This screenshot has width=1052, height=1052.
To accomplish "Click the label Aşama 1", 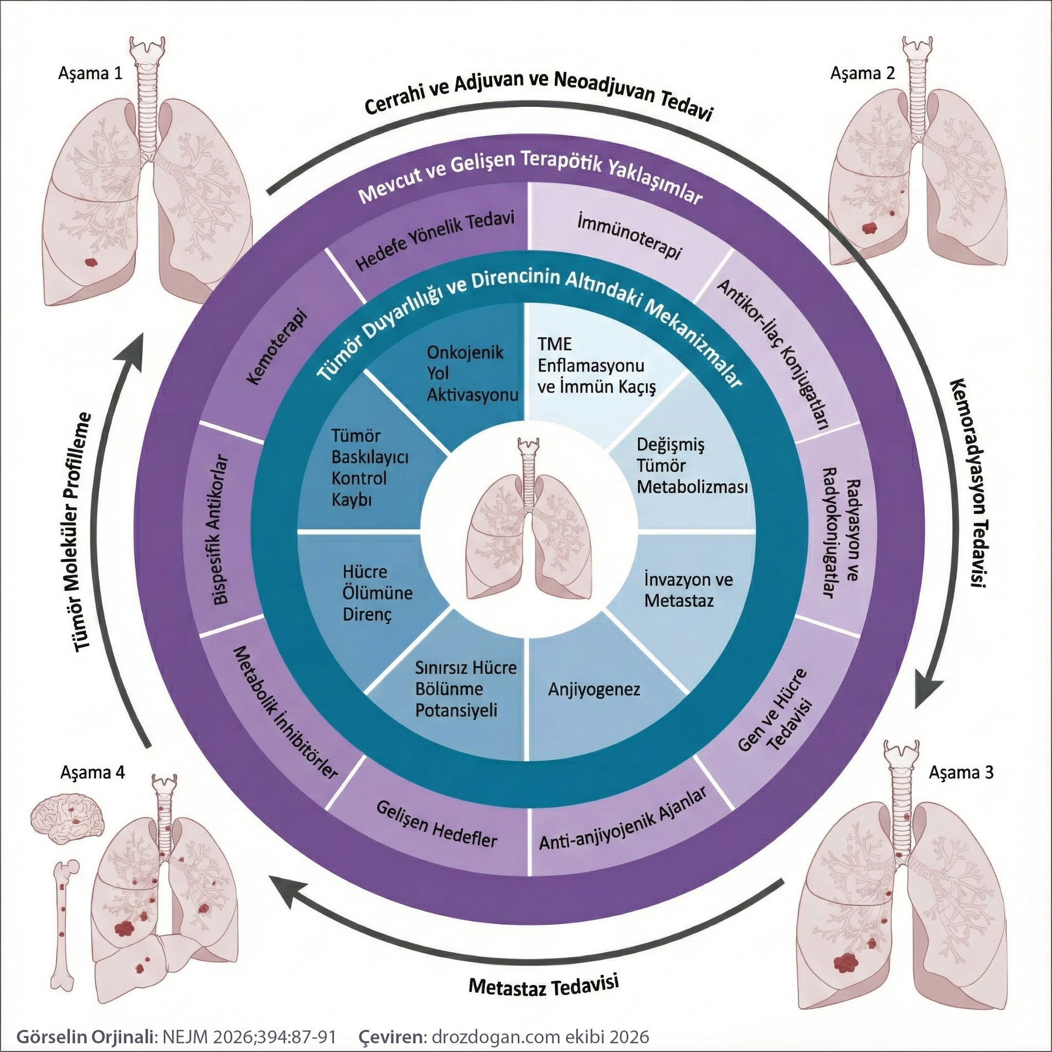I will click(90, 73).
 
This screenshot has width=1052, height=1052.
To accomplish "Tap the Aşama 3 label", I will click(961, 772).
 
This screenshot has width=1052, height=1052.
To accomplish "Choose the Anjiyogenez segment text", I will click(594, 690).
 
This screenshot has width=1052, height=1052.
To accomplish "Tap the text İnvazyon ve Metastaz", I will click(688, 590).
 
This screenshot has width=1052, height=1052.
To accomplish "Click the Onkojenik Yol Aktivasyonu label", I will click(472, 374).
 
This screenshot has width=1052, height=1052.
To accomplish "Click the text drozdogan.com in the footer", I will click(484, 1036).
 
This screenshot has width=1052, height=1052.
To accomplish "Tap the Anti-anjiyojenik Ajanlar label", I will click(623, 818).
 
